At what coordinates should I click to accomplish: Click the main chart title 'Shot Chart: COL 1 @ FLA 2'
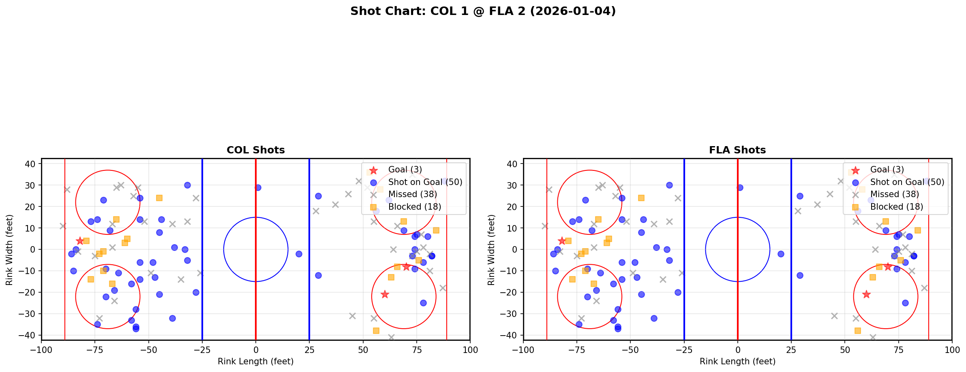[x=483, y=11]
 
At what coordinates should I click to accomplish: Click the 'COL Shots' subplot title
[x=255, y=150]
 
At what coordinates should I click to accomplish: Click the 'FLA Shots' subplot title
[x=737, y=150]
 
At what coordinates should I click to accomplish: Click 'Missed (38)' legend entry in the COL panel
[x=412, y=194]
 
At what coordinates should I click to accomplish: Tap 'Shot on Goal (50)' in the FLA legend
[x=907, y=182]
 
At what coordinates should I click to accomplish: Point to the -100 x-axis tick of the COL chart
[x=41, y=350]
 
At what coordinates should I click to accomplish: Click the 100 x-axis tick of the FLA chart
[x=951, y=350]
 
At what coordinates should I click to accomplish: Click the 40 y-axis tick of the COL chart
[x=32, y=164]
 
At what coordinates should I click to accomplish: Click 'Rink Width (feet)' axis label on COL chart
[x=9, y=250]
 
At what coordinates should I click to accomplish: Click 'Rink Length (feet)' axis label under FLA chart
[x=737, y=361]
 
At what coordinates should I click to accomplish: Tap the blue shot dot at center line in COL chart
[x=258, y=187]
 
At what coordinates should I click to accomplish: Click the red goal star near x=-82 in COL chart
[x=80, y=241]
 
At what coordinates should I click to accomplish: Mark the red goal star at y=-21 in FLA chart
[x=866, y=294]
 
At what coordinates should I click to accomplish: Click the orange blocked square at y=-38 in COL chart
[x=376, y=331]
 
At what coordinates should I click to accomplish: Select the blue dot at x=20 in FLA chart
[x=781, y=254]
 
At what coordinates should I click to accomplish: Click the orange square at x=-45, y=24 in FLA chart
[x=641, y=198]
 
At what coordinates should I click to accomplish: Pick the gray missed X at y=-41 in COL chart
[x=391, y=337]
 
